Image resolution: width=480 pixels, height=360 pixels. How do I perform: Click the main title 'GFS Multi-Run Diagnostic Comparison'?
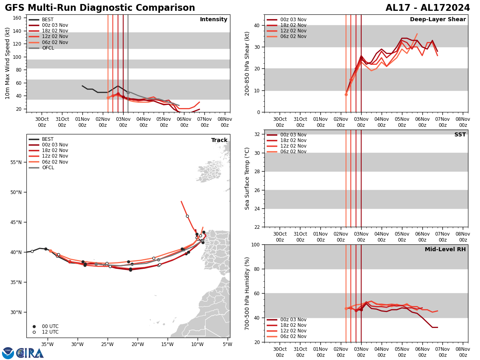tap(100, 8)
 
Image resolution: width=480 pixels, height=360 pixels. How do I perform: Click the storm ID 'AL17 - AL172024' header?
tap(428, 8)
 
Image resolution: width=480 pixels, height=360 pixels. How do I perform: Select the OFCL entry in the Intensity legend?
tap(48, 48)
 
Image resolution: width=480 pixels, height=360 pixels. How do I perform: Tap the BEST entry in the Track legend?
tap(48, 139)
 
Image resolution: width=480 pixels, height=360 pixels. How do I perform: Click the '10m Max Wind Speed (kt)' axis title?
tap(8, 63)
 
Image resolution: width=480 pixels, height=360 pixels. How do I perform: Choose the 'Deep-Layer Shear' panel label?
tap(438, 20)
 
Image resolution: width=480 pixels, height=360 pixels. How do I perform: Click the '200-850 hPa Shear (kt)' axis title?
tap(247, 63)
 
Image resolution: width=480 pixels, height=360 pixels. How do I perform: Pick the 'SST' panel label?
tap(460, 135)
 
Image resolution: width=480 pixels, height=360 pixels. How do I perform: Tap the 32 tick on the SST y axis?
tap(258, 134)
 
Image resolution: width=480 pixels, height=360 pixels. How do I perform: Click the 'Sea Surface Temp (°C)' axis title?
tap(247, 178)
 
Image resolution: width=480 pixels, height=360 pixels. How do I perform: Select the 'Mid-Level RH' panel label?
tap(445, 250)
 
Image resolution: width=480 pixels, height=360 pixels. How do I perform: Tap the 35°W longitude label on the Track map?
tap(48, 344)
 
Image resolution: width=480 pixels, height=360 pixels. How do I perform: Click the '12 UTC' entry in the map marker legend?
tap(50, 332)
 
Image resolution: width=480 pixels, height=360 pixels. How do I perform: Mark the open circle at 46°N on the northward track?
tap(187, 216)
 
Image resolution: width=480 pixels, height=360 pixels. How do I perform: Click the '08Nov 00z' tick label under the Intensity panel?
tap(225, 122)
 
